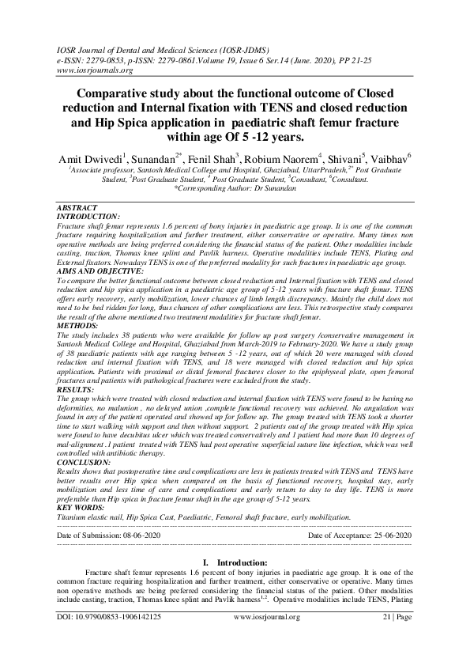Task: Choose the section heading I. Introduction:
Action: click(234, 562)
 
